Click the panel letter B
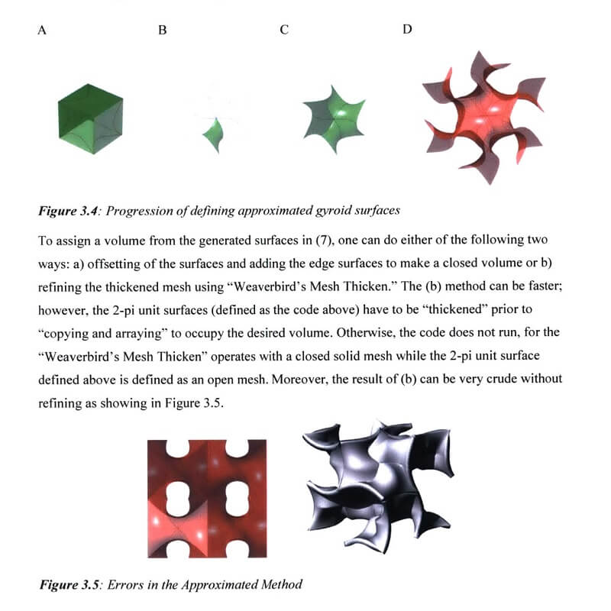[x=162, y=31]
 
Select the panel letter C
[x=284, y=31]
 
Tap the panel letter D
[x=406, y=30]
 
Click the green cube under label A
[x=90, y=119]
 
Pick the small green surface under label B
[x=211, y=134]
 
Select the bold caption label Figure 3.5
[x=70, y=586]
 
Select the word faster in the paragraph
[x=544, y=280]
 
